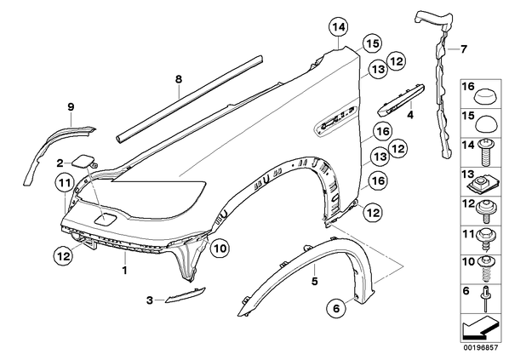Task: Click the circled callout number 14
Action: coord(338,27)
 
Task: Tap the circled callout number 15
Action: coord(372,43)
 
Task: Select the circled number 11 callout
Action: coord(65,183)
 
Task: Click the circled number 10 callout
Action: coord(220,249)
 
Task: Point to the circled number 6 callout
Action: coord(336,308)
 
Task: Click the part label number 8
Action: coord(179,79)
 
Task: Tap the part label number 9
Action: coord(71,106)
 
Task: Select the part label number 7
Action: coord(464,49)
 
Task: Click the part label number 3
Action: coord(149,300)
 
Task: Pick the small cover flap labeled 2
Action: coord(83,162)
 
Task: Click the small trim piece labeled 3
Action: coord(185,294)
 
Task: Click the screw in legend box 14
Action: coord(485,151)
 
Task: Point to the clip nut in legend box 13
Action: coord(483,185)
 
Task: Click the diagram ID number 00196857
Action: coord(480,347)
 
